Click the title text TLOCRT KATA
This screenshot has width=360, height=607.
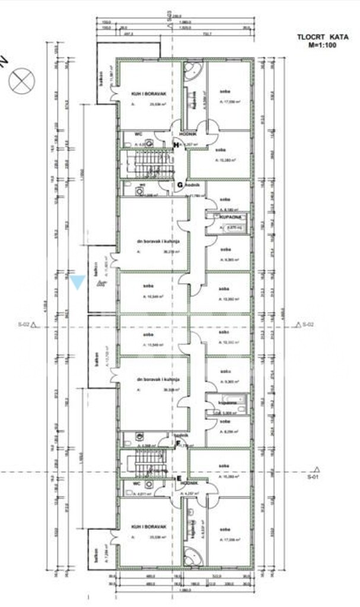click(x=317, y=37)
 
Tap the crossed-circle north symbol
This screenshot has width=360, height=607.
click(x=22, y=81)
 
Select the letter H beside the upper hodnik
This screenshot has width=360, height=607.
click(x=176, y=145)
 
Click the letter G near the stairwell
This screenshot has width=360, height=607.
click(x=179, y=184)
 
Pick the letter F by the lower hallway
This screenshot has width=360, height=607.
click(x=177, y=443)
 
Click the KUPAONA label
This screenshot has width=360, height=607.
click(x=230, y=218)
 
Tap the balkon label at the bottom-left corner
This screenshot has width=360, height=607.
click(x=95, y=558)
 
